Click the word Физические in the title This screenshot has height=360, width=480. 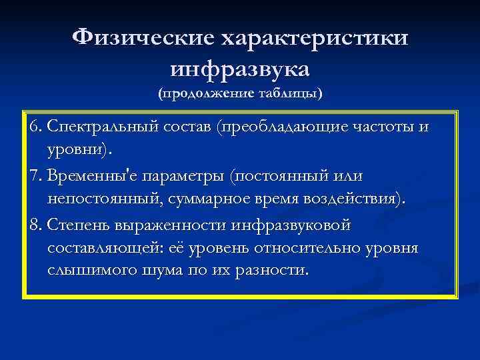pos(142,38)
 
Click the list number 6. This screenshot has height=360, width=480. pos(36,126)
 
